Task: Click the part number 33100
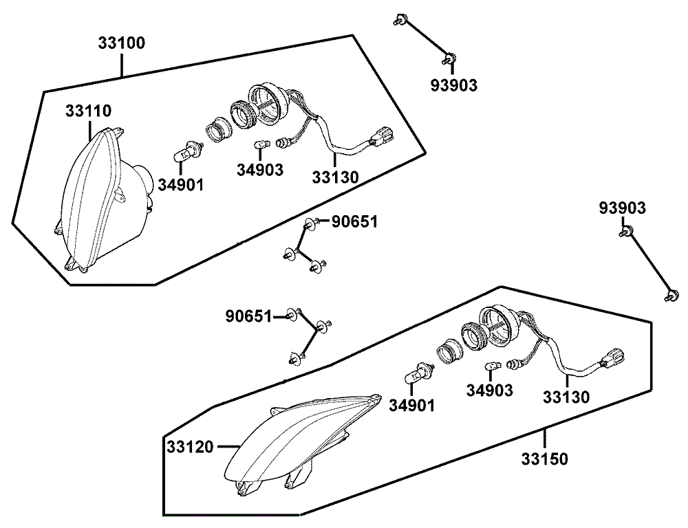point(121,43)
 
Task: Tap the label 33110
point(88,111)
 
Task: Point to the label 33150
point(545,459)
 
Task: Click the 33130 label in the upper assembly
point(335,177)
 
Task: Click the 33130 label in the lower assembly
point(566,397)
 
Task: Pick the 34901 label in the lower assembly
point(411,406)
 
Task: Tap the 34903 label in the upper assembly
point(259,170)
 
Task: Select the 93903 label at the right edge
point(622,208)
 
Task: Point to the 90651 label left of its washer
point(249,316)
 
